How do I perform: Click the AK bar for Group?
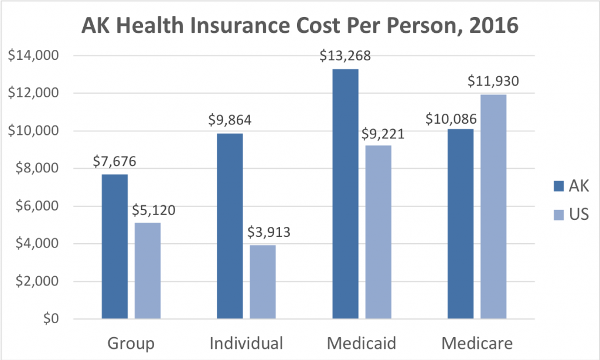114,246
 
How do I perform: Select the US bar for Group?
147,270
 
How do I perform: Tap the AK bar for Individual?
230,226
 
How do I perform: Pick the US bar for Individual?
262,281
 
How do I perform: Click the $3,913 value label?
263,233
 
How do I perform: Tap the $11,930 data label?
493,82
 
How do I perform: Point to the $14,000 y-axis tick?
35,56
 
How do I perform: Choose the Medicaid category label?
362,342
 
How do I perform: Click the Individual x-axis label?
246,342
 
